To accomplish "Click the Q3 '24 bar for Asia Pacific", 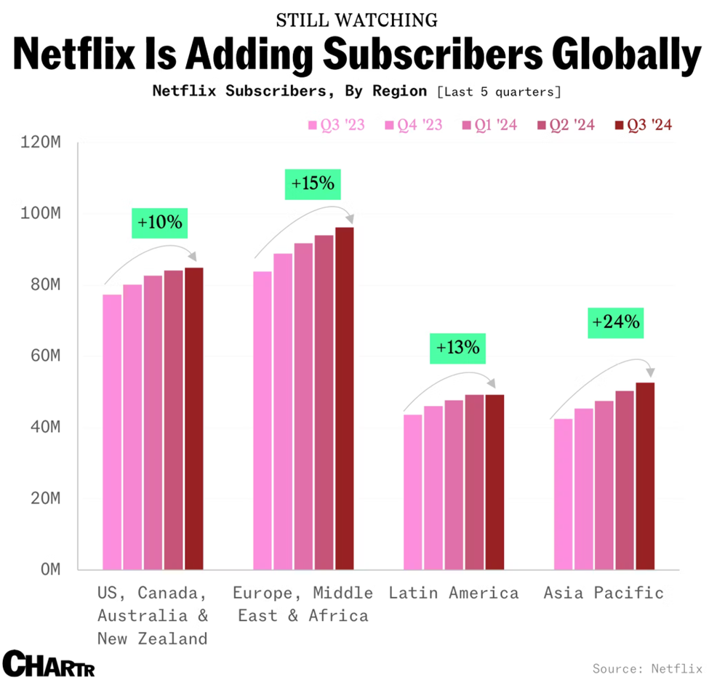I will pos(645,476).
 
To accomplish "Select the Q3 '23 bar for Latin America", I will pos(412,492).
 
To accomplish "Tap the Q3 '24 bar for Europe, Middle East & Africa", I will pos(344,399).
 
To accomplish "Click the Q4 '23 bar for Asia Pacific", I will pos(583,489).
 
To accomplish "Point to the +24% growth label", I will pos(617,321).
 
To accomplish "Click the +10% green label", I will pos(159,221).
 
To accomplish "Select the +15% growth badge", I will pos(313,184).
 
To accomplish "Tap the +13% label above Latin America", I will pos(457,348).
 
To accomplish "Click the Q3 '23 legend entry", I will pos(336,125).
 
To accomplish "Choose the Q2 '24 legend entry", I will pos(566,125).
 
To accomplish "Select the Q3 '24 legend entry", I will pos(643,125).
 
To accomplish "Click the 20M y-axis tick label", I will pos(43,499).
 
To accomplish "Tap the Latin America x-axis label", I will pos(454,593).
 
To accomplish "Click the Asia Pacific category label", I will pos(604,593).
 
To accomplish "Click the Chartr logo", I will pos(48,663).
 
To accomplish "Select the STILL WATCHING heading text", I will pos(357,20).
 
